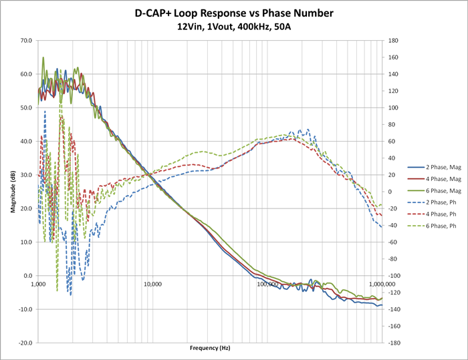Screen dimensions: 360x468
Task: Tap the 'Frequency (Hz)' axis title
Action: pyautogui.click(x=210, y=349)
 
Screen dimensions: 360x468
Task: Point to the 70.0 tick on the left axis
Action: pyautogui.click(x=26, y=41)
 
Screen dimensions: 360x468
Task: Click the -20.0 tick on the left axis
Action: pyautogui.click(x=25, y=343)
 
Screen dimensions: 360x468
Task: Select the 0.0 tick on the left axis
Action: pyautogui.click(x=27, y=275)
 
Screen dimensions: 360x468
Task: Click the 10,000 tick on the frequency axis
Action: pyautogui.click(x=153, y=283)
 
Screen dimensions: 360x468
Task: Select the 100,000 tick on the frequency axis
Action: pyautogui.click(x=267, y=283)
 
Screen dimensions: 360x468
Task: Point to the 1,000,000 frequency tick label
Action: pyautogui.click(x=380, y=283)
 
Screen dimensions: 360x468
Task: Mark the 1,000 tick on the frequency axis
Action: pyautogui.click(x=39, y=283)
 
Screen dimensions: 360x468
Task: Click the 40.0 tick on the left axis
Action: pyautogui.click(x=26, y=141)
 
